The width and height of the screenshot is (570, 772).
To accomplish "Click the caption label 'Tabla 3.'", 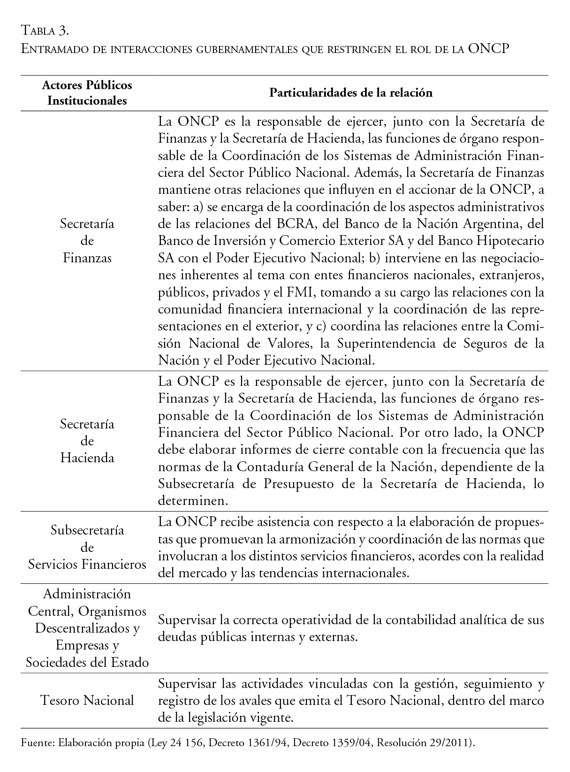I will [46, 31].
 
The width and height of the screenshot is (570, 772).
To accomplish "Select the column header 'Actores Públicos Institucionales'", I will [87, 92].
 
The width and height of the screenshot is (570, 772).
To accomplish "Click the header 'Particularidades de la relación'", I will [350, 92].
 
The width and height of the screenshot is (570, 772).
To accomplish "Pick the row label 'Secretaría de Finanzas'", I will [87, 240].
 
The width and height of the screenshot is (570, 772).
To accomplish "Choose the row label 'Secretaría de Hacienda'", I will [87, 441].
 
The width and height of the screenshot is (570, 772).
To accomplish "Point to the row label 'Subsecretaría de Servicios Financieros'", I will [87, 547].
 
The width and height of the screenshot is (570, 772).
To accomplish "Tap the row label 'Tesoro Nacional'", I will [87, 700].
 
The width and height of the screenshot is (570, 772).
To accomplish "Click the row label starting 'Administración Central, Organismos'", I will [87, 628].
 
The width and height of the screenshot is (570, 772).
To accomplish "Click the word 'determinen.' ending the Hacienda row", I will [193, 501].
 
